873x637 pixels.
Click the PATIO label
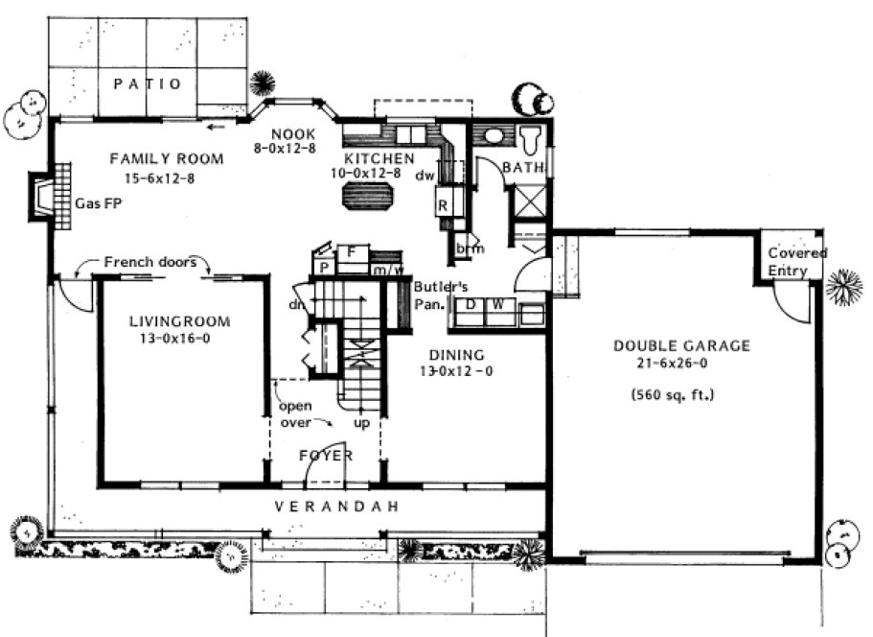148,84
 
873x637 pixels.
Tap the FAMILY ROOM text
167,158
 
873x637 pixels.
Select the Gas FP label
95,203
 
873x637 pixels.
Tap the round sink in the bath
493,135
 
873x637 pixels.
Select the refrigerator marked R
444,204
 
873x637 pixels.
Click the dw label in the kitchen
425,176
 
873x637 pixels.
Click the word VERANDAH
336,507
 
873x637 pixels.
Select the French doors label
150,261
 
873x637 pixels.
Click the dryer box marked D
471,305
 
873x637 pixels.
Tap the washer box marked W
498,305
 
